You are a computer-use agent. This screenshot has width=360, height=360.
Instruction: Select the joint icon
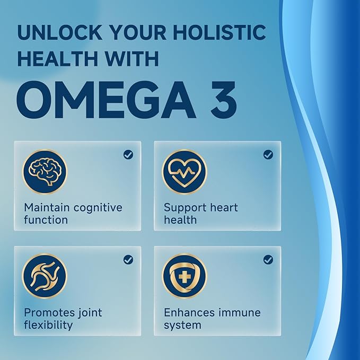click(45, 276)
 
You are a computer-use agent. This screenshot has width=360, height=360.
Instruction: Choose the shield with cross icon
click(185, 276)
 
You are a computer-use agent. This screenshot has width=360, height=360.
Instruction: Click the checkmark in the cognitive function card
click(128, 154)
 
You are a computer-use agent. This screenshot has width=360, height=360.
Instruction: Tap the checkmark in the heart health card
click(268, 154)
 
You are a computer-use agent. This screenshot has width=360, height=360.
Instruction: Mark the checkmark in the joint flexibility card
click(128, 259)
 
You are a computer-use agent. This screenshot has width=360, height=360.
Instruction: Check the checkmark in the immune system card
click(268, 259)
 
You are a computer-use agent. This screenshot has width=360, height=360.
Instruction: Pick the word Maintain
click(43, 207)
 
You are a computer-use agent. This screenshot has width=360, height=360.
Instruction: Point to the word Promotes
click(48, 312)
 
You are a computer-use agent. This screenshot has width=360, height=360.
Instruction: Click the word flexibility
click(48, 325)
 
